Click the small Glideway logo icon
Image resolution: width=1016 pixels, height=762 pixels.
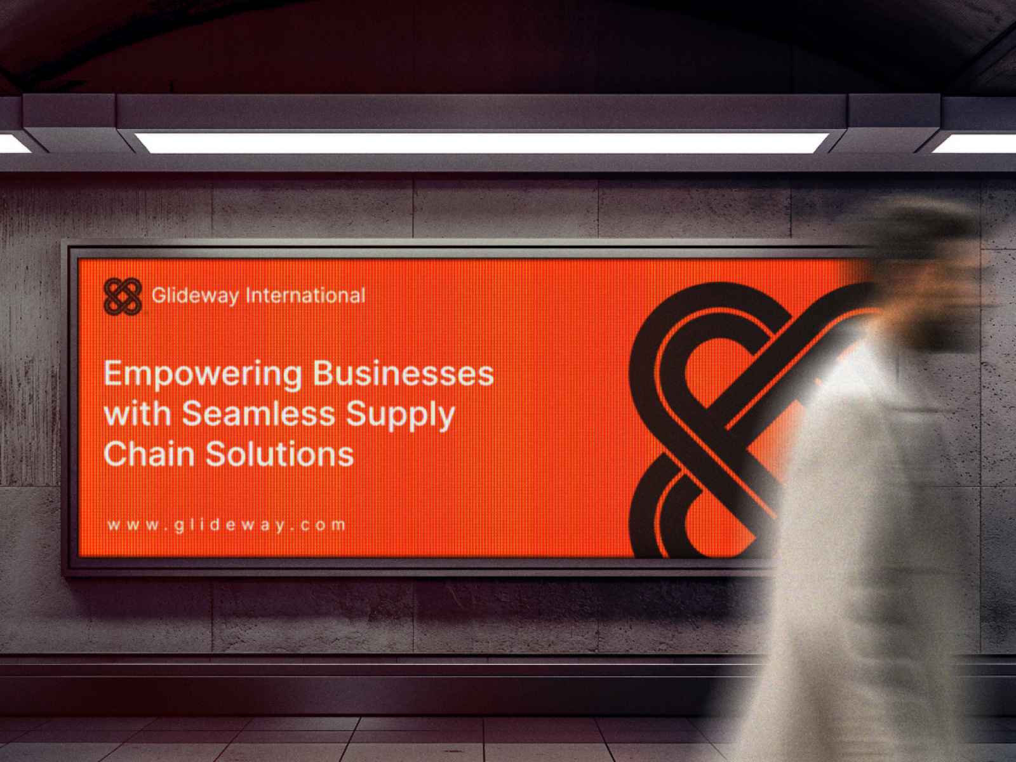pos(123,297)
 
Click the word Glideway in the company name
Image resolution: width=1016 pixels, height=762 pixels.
pos(196,296)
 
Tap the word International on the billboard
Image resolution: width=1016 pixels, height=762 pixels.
pos(305,295)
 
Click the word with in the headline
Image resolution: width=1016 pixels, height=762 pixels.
pos(137,413)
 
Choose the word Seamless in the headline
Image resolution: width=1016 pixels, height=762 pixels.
pos(258,413)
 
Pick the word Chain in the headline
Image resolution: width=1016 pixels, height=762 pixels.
pos(149,453)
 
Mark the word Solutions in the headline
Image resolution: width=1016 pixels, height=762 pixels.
pos(279,453)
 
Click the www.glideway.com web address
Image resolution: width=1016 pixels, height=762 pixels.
pos(226,525)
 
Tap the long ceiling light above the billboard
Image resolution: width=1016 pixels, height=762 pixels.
pos(481,142)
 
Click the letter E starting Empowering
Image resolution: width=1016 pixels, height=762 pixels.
pos(113,374)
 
